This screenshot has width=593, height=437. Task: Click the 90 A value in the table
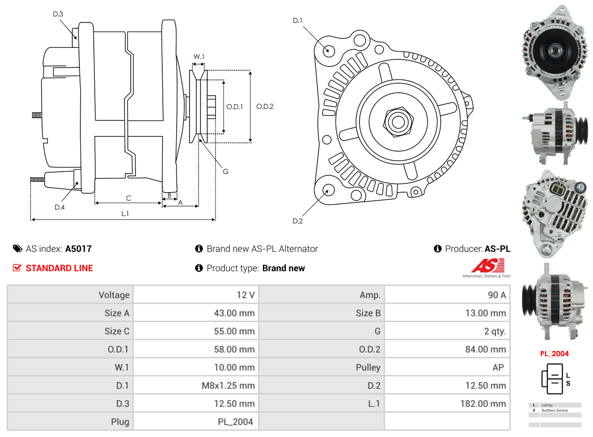click(x=496, y=295)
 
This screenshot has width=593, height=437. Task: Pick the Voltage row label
click(x=114, y=295)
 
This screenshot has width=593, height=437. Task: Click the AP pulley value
click(x=498, y=367)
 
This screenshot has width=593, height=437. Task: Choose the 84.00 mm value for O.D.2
click(x=485, y=349)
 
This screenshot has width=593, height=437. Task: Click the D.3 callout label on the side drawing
click(x=58, y=14)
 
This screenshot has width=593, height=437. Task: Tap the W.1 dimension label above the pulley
click(x=199, y=56)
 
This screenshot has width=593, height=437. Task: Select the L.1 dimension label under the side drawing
click(x=124, y=214)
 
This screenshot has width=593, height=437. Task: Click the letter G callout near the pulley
click(x=225, y=171)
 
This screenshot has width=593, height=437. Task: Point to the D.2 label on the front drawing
click(x=298, y=221)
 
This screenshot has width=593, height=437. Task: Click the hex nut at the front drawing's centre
click(x=397, y=121)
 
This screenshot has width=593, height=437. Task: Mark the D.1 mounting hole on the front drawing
click(x=328, y=50)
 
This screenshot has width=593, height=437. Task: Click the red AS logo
click(x=487, y=265)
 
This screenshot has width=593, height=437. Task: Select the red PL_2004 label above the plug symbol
click(x=554, y=354)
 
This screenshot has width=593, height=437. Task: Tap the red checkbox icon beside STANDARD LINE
click(x=17, y=268)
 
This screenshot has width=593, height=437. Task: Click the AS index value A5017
click(x=78, y=249)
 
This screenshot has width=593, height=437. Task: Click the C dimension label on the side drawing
click(x=128, y=198)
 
